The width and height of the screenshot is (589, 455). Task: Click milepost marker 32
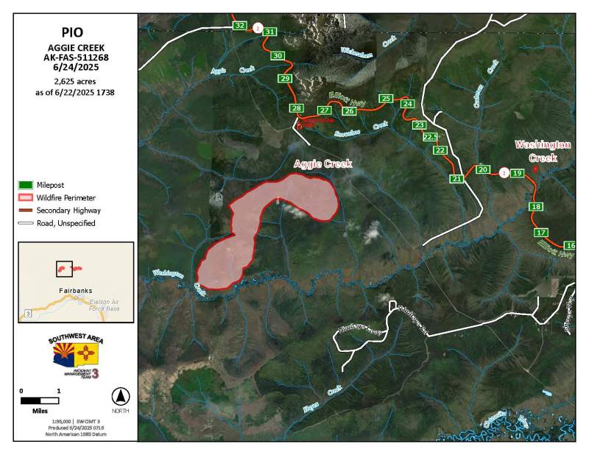239,26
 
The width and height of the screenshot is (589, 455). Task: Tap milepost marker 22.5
431,137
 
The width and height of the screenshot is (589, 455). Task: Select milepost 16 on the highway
569,245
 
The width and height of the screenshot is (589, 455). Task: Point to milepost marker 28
297,109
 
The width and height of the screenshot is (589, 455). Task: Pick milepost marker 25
385,99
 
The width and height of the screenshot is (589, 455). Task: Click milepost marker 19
517,173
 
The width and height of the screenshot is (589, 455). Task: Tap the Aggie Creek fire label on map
322,163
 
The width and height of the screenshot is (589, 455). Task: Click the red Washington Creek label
543,151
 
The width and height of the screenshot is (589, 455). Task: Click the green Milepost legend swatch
26,185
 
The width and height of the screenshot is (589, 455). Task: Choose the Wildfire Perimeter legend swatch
26,197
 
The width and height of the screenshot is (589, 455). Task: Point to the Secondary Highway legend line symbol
26,210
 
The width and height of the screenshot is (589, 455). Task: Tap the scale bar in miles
40,401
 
